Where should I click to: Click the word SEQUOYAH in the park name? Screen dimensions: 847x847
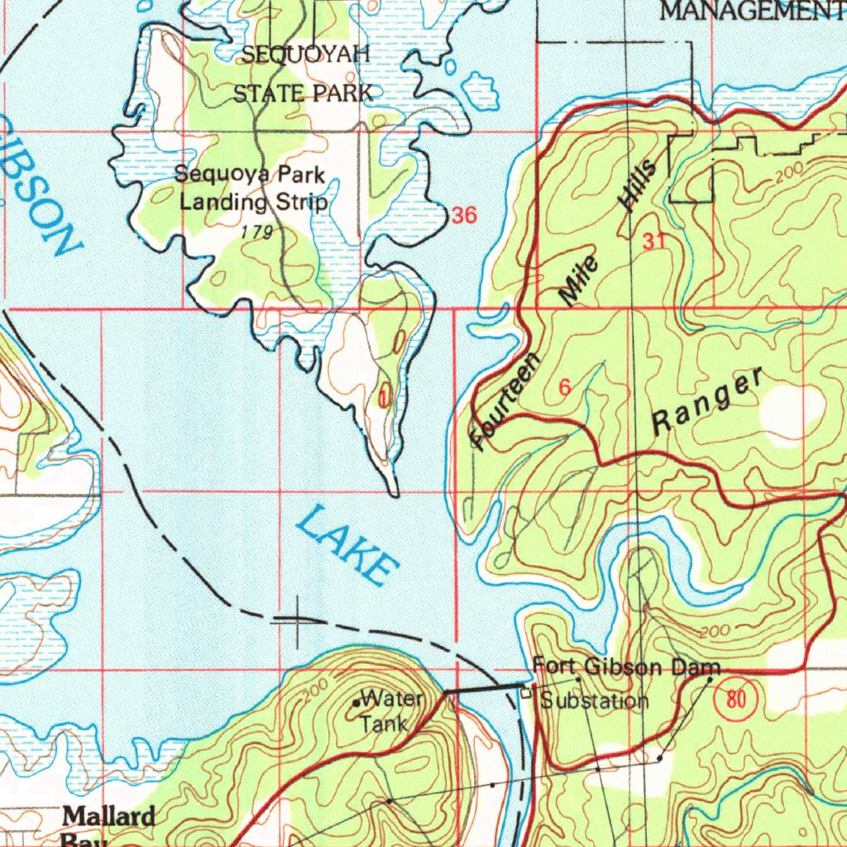coord(305,56)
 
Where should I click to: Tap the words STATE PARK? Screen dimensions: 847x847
coord(303,93)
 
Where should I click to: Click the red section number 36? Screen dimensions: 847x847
coord(464,216)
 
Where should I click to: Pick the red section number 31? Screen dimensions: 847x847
coord(653,242)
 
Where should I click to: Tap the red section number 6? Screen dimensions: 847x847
coord(565,387)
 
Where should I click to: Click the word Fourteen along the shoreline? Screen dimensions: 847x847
coord(505,401)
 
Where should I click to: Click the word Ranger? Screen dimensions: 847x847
coord(708,403)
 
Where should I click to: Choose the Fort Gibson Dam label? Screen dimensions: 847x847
coord(626,667)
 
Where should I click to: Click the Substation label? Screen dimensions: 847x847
coord(594,701)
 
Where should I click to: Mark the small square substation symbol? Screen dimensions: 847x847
coord(525,695)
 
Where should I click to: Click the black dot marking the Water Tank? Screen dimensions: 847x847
coord(356,703)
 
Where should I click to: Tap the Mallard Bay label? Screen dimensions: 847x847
coord(109,825)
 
